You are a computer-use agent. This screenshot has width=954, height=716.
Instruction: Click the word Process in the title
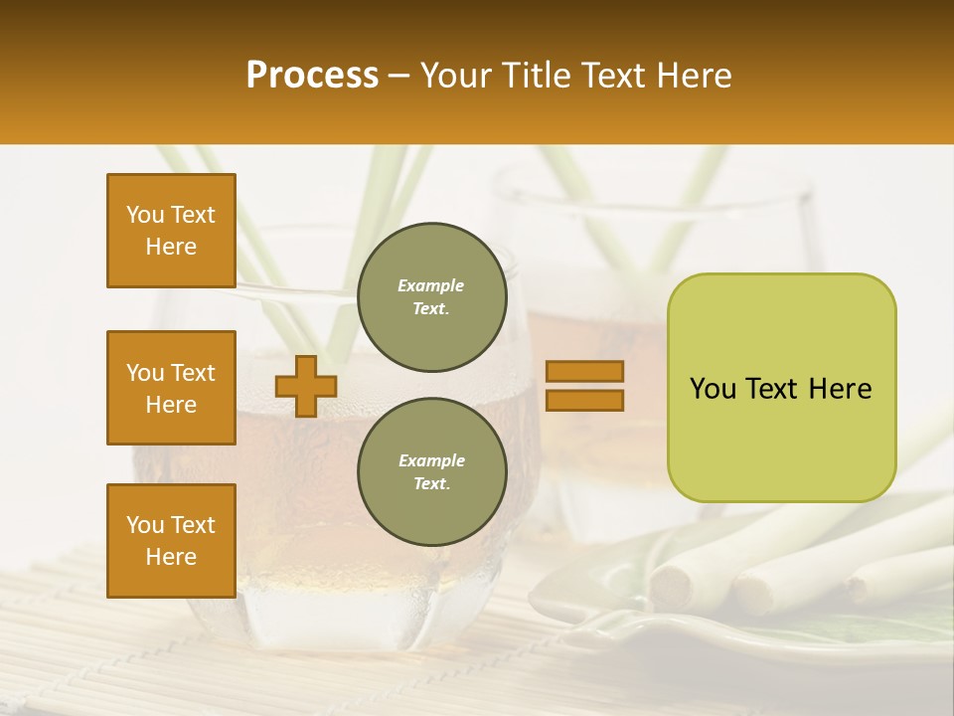point(312,76)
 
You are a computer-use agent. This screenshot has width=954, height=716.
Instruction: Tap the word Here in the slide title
point(693,76)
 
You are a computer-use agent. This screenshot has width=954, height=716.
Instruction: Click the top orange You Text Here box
point(171,231)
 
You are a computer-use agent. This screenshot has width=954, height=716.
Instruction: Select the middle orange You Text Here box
point(171,388)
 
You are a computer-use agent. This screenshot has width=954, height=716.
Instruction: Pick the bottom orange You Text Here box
point(171,541)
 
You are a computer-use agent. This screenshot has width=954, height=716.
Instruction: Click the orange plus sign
point(305,386)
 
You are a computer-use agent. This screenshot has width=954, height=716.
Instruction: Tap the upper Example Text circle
point(431,297)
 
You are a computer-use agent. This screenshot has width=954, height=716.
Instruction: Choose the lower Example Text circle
point(431,472)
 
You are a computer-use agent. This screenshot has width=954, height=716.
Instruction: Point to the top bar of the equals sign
point(584,371)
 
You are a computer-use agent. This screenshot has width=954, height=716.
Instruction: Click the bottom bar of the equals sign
point(584,401)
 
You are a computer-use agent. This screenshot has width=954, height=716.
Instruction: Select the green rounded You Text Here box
point(781,388)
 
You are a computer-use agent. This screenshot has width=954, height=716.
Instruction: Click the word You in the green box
point(712,389)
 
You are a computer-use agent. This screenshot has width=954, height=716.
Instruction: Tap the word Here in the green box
point(840,389)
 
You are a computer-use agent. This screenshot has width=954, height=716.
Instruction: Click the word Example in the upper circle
point(431,285)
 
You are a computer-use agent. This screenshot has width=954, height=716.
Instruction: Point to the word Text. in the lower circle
point(431,483)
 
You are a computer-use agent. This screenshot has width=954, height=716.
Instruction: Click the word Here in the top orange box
point(171,247)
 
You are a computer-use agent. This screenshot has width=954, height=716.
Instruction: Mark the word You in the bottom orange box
point(144,525)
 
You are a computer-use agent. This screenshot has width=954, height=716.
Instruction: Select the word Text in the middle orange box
point(193,373)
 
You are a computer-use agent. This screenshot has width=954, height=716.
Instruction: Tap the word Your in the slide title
point(453,76)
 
